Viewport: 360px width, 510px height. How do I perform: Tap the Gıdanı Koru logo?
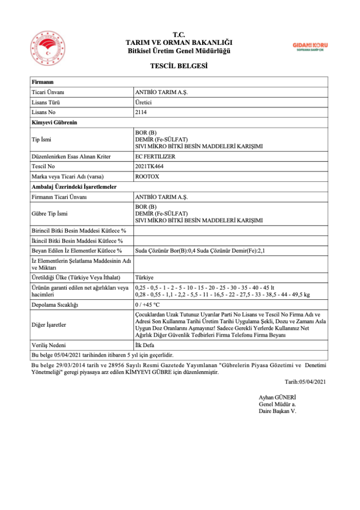[310, 46]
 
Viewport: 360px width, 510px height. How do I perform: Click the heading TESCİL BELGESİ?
[179, 66]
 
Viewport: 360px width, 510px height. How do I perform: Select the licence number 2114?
[141, 113]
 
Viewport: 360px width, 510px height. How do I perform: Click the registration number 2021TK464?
[149, 166]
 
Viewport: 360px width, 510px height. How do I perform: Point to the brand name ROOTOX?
[146, 176]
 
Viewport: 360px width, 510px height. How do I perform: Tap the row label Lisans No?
[44, 113]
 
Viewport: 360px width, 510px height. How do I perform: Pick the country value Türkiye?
[144, 277]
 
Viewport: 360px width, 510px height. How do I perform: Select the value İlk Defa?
[144, 345]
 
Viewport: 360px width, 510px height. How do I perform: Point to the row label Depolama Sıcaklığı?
[55, 304]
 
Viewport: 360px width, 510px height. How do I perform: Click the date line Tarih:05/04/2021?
[305, 382]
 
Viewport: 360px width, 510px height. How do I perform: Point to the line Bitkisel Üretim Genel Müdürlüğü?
[179, 51]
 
